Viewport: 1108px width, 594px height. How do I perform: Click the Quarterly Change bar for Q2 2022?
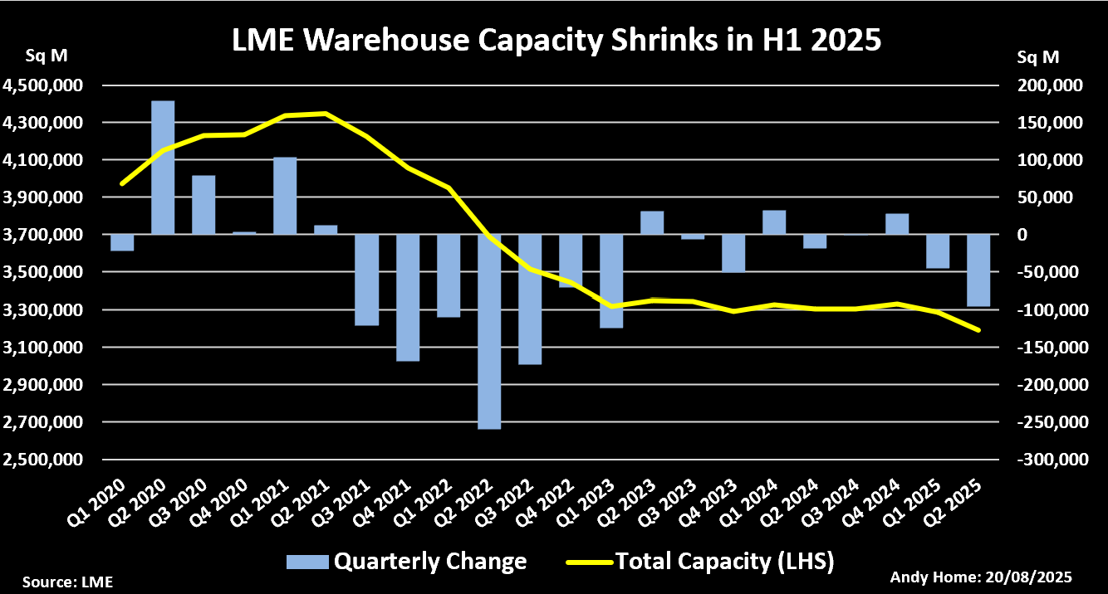(x=489, y=331)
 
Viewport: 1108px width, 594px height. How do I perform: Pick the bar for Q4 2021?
(x=407, y=298)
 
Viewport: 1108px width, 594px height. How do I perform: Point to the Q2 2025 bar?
(x=978, y=270)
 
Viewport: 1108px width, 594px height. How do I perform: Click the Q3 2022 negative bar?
(x=530, y=299)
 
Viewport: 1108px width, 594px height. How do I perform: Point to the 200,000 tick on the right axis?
(x=1051, y=85)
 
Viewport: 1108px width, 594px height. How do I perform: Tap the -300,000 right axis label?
(x=1048, y=460)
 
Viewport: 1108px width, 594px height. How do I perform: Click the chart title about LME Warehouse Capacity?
(x=555, y=40)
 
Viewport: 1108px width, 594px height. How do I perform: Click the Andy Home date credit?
(x=981, y=577)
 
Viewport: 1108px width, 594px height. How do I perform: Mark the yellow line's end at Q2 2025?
(x=978, y=330)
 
